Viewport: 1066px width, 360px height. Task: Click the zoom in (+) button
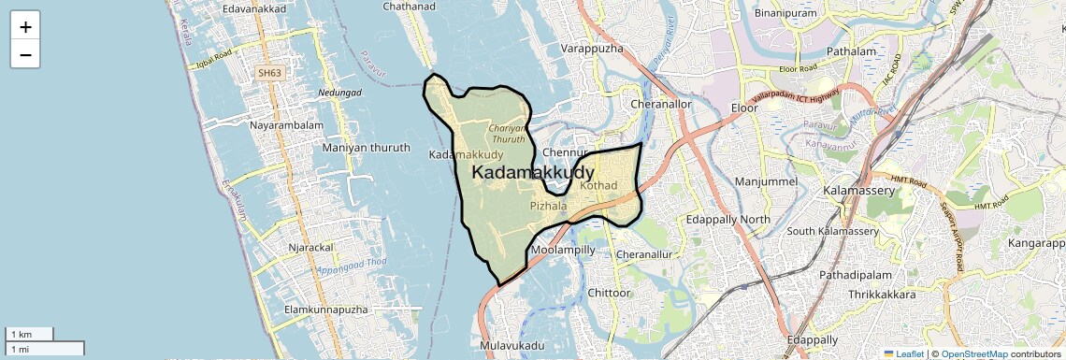(x=25, y=26)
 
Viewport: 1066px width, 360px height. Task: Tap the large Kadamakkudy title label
(x=533, y=173)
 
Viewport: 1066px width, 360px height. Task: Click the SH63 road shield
(x=270, y=72)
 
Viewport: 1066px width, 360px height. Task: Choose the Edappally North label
(x=728, y=219)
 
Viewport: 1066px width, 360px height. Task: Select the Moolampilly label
(x=562, y=251)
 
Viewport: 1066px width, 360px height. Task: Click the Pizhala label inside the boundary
(x=548, y=205)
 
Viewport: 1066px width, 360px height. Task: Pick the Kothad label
(x=598, y=186)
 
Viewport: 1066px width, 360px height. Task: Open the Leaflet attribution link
(x=903, y=353)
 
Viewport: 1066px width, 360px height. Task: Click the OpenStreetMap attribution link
(x=973, y=353)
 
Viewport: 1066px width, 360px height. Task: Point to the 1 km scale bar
(x=29, y=334)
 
